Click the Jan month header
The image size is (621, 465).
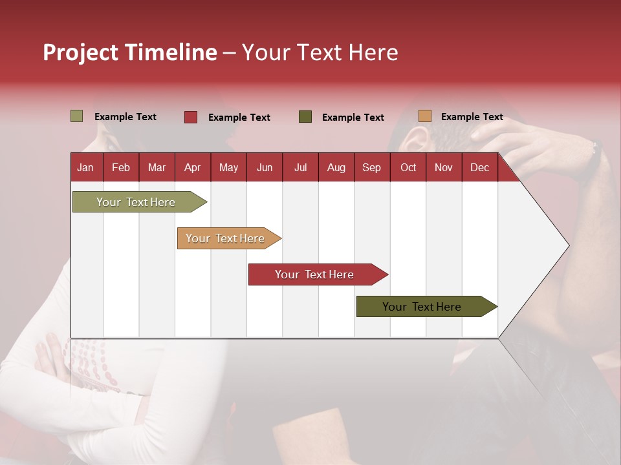click(85, 167)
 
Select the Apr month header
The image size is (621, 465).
click(192, 167)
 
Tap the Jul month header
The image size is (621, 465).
click(300, 167)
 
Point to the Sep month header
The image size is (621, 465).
click(371, 167)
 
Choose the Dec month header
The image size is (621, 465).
click(479, 167)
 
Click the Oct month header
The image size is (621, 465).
click(408, 167)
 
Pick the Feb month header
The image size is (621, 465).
click(121, 167)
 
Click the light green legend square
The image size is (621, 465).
click(76, 116)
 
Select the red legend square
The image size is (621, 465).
click(190, 117)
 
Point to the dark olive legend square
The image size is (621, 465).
click(305, 117)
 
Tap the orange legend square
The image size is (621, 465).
click(424, 116)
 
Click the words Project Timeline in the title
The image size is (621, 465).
click(129, 52)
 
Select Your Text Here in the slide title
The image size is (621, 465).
click(320, 52)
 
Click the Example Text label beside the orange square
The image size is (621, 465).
click(472, 117)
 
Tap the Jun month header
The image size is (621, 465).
click(265, 167)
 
